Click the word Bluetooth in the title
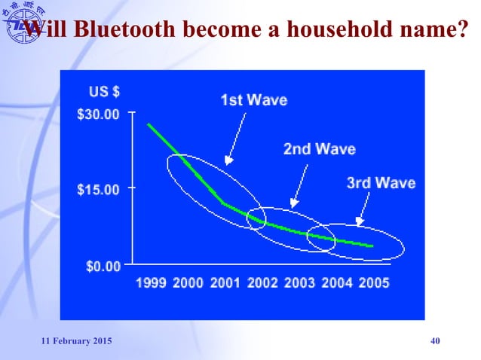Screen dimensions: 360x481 [x=119, y=31]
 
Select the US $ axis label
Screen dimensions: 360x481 [x=105, y=92]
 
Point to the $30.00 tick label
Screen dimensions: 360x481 [x=99, y=114]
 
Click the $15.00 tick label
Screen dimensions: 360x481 [x=99, y=189]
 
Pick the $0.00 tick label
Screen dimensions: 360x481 [x=102, y=265]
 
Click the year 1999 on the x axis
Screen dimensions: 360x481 [x=151, y=283]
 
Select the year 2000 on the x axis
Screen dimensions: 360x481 [x=188, y=283]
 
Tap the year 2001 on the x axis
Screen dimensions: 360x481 [x=225, y=283]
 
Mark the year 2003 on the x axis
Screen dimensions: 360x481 [x=299, y=283]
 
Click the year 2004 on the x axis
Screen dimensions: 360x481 [x=336, y=283]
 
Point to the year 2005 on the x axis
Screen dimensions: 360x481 [x=373, y=283]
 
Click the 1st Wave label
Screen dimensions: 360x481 [x=253, y=99]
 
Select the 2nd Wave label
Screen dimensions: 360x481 [x=319, y=149]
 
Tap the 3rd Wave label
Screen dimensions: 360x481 [x=381, y=183]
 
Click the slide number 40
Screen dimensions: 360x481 [x=434, y=343]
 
